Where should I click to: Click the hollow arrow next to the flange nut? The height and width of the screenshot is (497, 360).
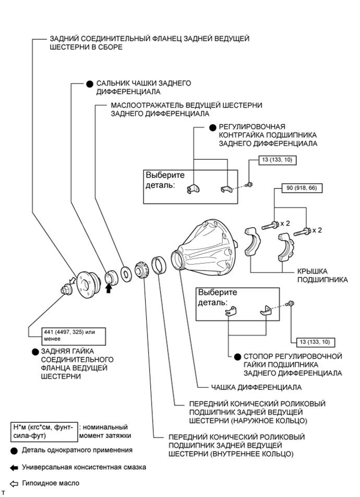click(73, 281)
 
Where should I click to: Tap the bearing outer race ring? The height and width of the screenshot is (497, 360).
click(159, 264)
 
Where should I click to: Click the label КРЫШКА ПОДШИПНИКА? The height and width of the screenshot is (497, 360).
click(315, 276)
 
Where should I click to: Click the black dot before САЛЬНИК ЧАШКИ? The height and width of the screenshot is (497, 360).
click(89, 84)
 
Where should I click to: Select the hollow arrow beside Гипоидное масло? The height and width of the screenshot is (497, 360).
click(14, 483)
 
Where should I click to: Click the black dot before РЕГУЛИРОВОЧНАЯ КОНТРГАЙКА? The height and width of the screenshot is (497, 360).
click(212, 127)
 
